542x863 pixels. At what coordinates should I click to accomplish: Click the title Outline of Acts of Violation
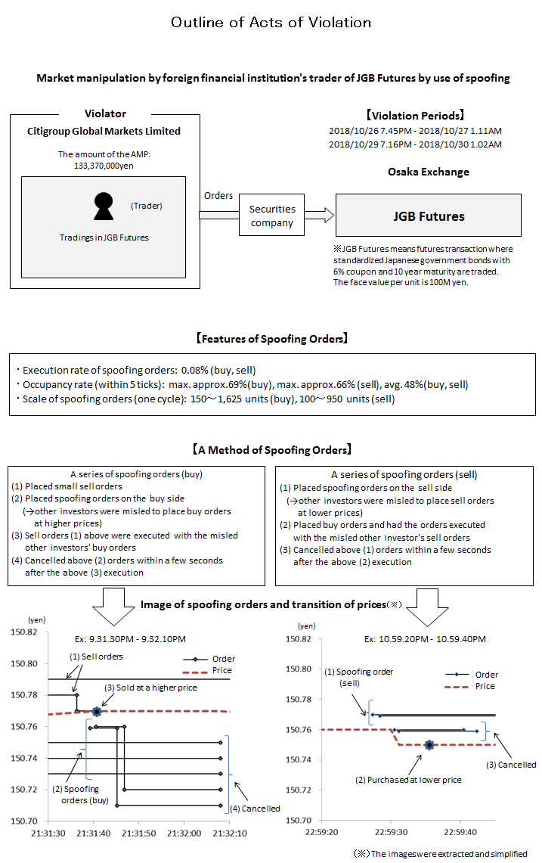(x=271, y=22)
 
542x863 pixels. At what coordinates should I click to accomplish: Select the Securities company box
(x=272, y=216)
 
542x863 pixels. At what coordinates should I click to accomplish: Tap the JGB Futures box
(x=429, y=216)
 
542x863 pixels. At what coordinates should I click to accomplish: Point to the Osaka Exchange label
(x=429, y=172)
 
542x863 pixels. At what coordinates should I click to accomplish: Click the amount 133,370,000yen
(x=104, y=166)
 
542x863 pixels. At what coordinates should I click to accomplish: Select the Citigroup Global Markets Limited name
(x=104, y=131)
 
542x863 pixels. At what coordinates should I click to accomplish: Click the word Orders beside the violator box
(x=218, y=195)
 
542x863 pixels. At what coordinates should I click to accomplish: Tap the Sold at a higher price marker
(x=97, y=711)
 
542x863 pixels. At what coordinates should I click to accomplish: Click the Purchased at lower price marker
(x=429, y=745)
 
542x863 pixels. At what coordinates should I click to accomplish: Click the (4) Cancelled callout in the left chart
(x=260, y=809)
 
